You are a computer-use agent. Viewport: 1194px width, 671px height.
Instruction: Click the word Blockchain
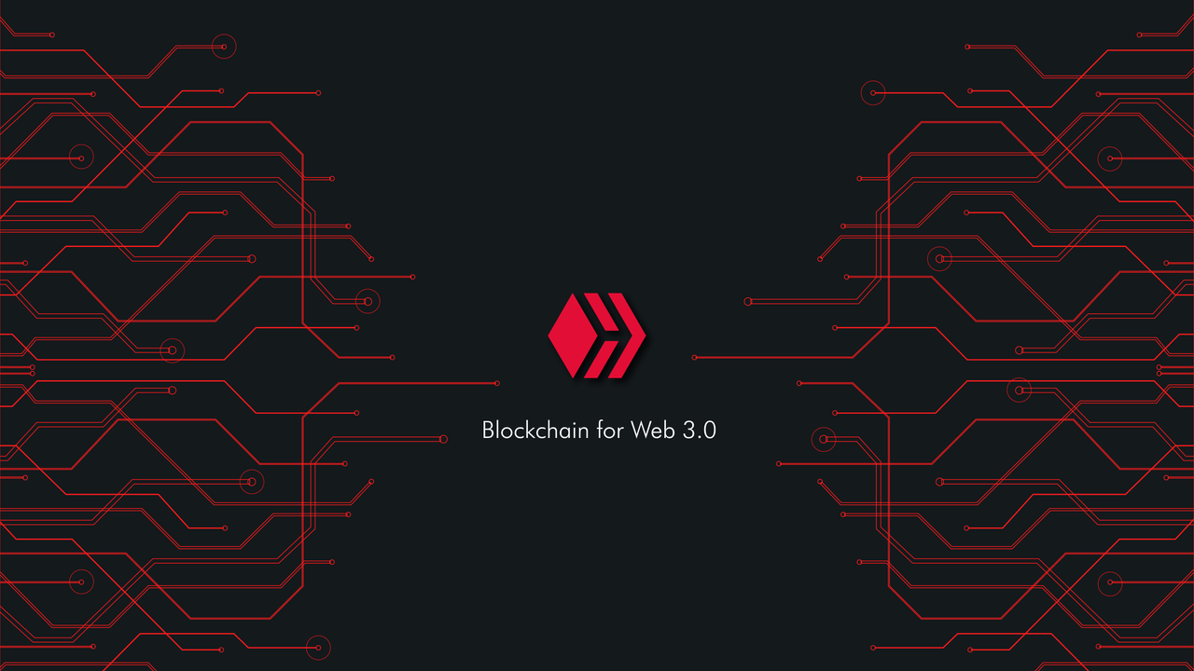tap(535, 431)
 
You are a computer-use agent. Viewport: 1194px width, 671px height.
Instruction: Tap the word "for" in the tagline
tap(610, 431)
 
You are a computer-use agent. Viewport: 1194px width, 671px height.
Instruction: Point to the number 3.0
tap(700, 431)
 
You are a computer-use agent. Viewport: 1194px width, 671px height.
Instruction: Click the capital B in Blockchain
tap(488, 431)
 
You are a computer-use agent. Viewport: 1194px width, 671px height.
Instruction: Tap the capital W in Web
tap(641, 431)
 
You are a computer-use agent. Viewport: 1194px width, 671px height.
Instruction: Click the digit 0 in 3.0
tap(710, 431)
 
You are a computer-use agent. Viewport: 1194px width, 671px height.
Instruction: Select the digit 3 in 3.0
tap(688, 431)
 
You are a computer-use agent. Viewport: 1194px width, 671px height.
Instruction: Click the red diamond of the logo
tap(573, 335)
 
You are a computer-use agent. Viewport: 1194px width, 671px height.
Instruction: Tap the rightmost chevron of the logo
tap(627, 335)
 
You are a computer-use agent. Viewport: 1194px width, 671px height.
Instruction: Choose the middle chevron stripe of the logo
tap(602, 335)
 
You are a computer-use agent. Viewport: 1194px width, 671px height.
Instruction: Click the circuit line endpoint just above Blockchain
tap(497, 383)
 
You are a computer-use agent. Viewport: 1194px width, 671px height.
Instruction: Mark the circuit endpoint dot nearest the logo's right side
tap(694, 357)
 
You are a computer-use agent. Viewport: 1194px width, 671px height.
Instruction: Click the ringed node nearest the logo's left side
tap(368, 301)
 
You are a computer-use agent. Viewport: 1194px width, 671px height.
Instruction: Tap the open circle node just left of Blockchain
tap(443, 439)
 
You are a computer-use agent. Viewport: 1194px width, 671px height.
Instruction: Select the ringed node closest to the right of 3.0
tap(824, 439)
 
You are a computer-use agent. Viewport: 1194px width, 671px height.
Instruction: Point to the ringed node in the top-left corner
tap(224, 47)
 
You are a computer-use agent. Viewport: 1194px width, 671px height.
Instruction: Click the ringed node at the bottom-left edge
tap(318, 648)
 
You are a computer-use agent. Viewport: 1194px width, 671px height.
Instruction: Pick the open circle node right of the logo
tap(748, 301)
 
